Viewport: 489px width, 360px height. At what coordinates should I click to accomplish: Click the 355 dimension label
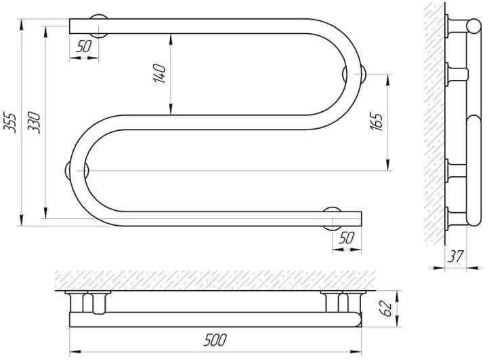click(9, 123)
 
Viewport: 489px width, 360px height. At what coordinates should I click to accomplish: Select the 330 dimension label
click(35, 123)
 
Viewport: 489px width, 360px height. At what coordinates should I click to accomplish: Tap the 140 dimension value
click(159, 74)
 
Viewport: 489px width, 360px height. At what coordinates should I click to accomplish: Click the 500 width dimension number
click(215, 340)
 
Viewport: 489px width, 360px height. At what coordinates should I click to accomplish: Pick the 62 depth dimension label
click(387, 308)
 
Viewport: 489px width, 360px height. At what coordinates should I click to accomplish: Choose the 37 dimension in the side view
click(456, 257)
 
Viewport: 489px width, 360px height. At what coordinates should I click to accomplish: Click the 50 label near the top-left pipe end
click(84, 47)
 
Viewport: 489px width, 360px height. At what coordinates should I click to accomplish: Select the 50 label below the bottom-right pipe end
click(346, 238)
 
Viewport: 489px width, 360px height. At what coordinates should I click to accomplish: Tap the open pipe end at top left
click(70, 26)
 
